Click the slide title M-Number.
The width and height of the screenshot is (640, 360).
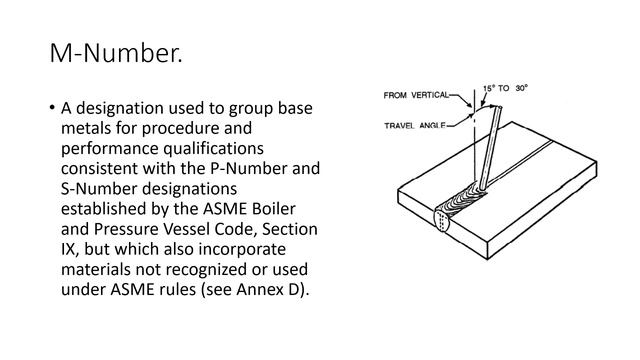116,53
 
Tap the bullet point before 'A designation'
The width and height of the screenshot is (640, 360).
52,108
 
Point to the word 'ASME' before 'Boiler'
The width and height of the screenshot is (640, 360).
225,209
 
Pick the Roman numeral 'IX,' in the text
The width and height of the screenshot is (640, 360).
70,249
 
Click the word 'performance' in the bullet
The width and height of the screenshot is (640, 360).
110,148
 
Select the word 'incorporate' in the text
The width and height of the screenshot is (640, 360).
242,249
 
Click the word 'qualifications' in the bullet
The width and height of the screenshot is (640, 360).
213,148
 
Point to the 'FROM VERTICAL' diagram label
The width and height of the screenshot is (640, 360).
416,95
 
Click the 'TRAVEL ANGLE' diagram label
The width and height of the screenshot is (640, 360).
414,125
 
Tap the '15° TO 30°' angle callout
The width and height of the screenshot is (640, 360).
505,88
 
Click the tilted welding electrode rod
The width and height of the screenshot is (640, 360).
491,148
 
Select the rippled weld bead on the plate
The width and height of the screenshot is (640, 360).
463,200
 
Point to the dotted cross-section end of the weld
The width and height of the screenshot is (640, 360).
442,221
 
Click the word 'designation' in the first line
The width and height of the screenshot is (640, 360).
120,108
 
